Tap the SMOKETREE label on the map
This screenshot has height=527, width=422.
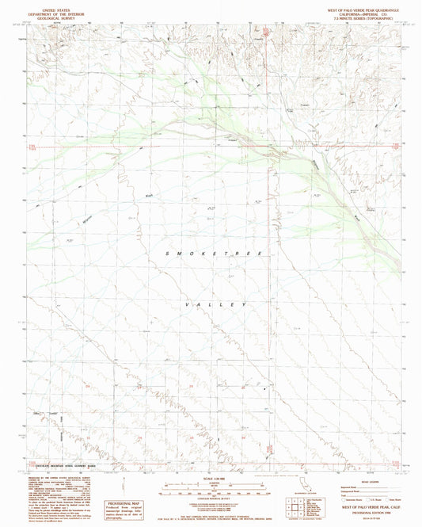tap(213, 252)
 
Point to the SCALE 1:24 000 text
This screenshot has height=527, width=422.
tap(211, 478)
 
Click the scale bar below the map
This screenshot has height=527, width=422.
tap(211, 487)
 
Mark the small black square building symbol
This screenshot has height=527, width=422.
tap(265, 388)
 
